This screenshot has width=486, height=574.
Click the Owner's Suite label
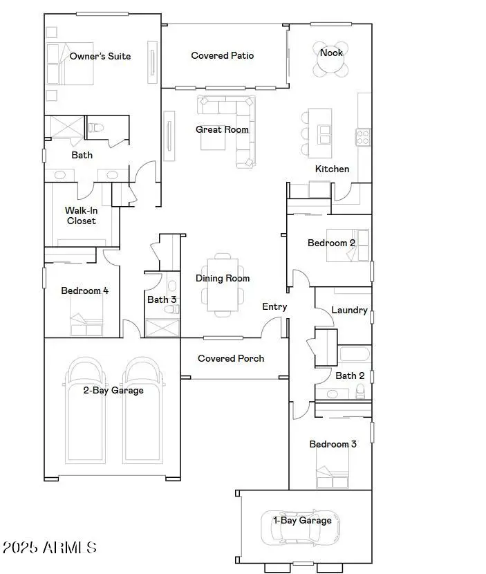[100, 56]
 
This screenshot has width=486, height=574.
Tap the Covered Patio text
[223, 55]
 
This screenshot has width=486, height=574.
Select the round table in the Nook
[330, 63]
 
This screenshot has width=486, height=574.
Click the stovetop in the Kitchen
[363, 137]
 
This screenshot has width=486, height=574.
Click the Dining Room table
[223, 287]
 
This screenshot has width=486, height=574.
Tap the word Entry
[274, 306]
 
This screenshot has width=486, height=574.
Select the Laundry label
[349, 310]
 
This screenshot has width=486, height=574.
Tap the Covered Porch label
[231, 358]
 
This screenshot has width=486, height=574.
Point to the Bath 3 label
[162, 299]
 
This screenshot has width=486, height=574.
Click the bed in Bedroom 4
[86, 324]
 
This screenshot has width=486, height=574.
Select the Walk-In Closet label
[81, 216]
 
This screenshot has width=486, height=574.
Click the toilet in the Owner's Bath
[96, 127]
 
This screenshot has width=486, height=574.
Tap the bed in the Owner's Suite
[62, 64]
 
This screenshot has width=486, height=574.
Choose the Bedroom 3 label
[333, 444]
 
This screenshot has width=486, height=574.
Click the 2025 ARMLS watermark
[49, 548]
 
